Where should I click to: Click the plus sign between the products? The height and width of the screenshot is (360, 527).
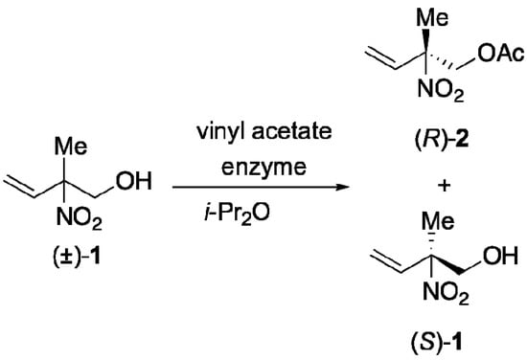click(415, 182)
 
